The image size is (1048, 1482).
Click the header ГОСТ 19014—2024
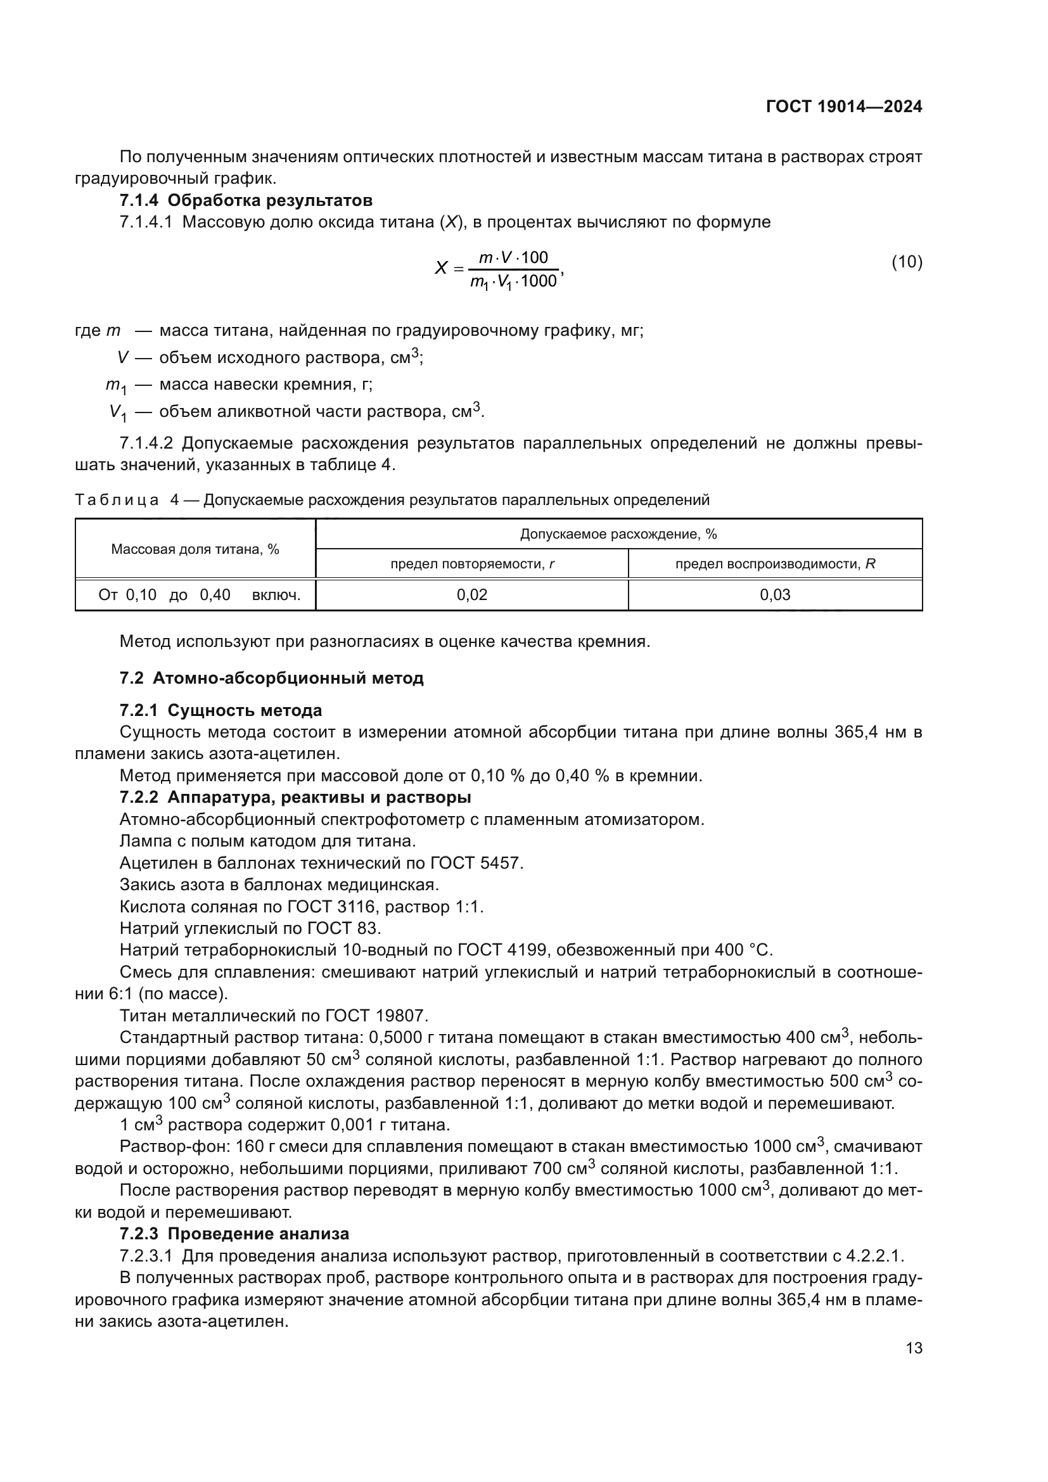tap(843, 107)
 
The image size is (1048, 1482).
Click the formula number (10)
tap(907, 262)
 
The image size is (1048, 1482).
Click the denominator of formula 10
tap(514, 281)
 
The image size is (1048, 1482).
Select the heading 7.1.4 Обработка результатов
tap(246, 200)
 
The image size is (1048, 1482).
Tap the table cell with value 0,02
tap(472, 594)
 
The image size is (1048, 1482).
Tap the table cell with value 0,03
tap(774, 594)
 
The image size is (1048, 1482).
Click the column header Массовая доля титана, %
tap(195, 549)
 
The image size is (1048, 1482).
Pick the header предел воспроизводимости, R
tap(774, 564)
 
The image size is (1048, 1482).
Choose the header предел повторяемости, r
tap(472, 564)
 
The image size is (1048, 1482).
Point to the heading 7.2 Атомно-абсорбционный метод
tap(271, 679)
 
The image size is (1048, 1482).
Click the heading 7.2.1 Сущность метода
tap(220, 711)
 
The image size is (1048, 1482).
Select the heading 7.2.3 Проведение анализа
tap(234, 1234)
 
